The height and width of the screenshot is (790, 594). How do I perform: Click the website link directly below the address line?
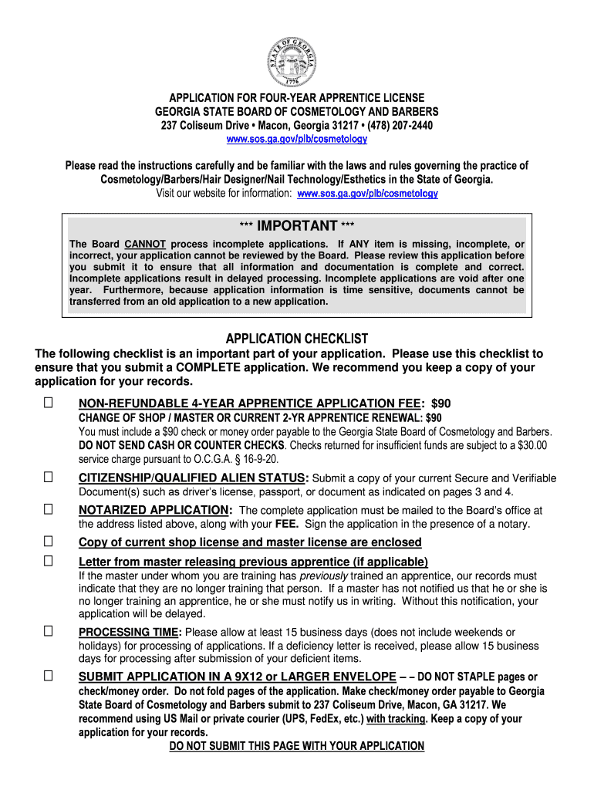(x=297, y=140)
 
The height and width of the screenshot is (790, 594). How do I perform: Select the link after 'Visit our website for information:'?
(x=367, y=194)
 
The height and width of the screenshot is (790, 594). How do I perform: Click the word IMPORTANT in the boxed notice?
(x=297, y=226)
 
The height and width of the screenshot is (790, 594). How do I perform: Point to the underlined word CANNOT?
(x=145, y=245)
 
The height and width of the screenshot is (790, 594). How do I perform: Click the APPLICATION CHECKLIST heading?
(x=297, y=339)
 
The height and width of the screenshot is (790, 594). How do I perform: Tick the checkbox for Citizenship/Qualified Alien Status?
(x=49, y=478)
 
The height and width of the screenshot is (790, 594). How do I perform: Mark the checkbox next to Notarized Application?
(x=49, y=510)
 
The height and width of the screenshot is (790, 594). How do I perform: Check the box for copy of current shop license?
(x=49, y=542)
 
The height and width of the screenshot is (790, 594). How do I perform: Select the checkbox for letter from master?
(x=49, y=561)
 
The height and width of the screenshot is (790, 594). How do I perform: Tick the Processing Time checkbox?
(x=49, y=632)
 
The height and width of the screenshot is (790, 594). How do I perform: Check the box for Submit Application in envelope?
(x=49, y=677)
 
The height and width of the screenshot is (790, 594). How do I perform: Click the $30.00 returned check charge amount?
(x=528, y=445)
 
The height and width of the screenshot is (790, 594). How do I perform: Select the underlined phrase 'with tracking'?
(x=398, y=719)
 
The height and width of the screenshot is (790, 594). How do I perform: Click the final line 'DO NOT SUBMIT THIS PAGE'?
(x=297, y=746)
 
